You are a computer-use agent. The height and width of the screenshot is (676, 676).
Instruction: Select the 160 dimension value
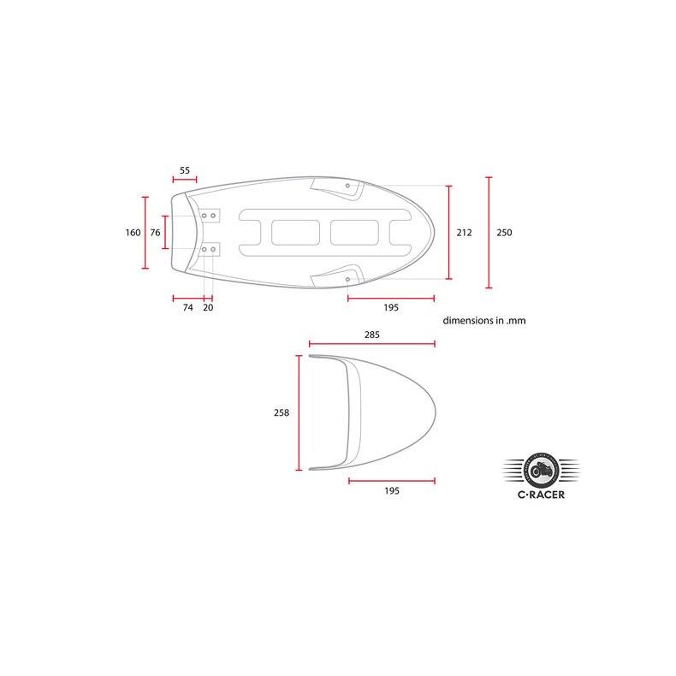pos(133,233)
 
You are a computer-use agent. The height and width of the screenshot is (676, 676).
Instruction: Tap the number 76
pos(155,233)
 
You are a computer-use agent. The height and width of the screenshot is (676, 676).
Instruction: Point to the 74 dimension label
pos(187,307)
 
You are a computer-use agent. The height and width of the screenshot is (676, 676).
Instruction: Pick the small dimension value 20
pos(208,307)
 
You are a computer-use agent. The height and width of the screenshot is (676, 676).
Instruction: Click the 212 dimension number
pos(464,233)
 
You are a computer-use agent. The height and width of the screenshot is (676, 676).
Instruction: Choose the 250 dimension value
pos(504,233)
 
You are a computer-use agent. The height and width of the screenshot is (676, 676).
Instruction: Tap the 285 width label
pos(371,335)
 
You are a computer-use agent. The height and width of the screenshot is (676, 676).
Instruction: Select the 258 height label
pos(281,412)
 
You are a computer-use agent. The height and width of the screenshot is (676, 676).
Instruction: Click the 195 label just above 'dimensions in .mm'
pos(391,307)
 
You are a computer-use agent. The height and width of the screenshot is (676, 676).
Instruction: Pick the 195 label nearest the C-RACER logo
pos(391,491)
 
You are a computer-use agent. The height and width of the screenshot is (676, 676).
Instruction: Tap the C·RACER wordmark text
pos(540,493)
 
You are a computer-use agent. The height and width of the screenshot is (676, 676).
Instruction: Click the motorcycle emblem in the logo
pos(540,469)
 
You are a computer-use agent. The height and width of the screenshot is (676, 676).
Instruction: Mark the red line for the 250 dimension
pos(489,233)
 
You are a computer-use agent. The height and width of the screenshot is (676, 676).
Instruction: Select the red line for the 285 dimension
pos(372,344)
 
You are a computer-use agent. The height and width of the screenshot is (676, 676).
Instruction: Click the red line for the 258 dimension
pos(299,413)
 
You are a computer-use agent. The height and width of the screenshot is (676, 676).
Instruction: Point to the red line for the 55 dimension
pos(185,180)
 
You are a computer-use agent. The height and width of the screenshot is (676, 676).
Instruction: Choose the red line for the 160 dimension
pos(145,233)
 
